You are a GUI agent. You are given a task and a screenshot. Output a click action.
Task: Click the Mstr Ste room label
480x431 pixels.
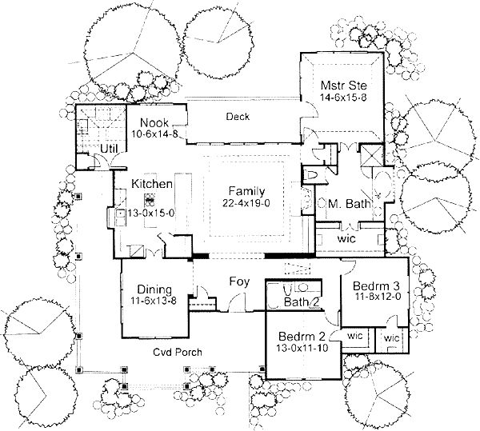[x=338, y=84]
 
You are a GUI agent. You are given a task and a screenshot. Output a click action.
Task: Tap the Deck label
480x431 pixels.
[x=238, y=117]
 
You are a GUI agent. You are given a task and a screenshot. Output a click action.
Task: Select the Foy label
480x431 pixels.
[x=238, y=281]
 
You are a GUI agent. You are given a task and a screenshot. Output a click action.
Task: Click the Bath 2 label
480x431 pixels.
[x=302, y=301]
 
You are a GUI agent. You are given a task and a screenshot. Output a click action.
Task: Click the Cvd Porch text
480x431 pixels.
[x=178, y=352]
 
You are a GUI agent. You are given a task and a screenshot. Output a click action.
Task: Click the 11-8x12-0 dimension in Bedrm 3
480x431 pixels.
[x=370, y=297]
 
